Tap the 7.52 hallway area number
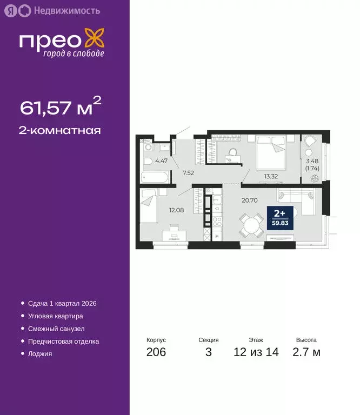(188, 173)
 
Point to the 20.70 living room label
(249, 199)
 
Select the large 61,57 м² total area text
(61, 107)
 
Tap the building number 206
(156, 353)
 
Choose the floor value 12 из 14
(256, 353)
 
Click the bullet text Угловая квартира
(55, 316)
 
